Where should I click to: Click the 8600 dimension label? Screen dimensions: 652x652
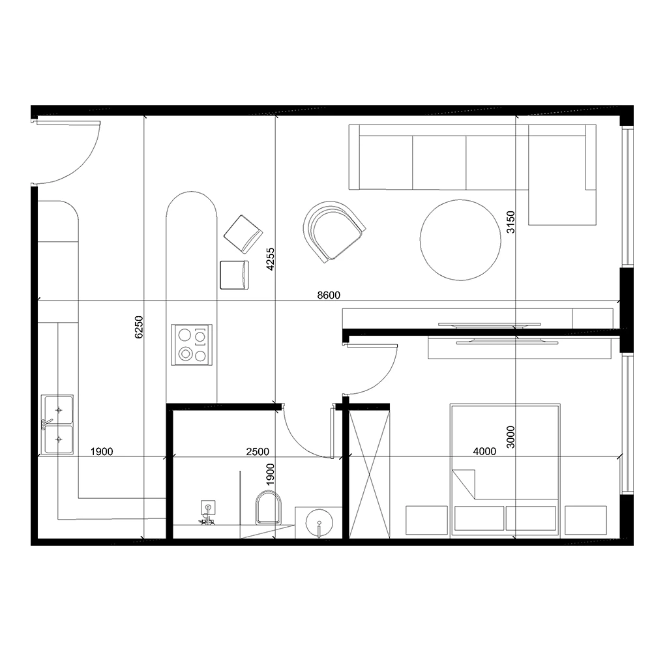(x=329, y=295)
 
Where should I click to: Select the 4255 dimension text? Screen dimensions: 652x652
(x=270, y=258)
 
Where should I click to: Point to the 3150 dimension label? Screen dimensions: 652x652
(x=511, y=222)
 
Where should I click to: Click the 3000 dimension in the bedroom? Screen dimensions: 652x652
(x=511, y=437)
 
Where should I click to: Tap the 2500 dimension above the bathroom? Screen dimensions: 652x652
(x=258, y=451)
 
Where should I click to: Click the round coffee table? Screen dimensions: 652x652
(x=461, y=240)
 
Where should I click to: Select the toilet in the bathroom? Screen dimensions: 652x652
(x=268, y=508)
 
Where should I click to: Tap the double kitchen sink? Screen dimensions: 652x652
(x=58, y=424)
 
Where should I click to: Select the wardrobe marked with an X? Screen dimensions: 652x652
(x=369, y=471)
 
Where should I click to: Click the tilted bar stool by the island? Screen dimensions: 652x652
(x=243, y=233)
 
